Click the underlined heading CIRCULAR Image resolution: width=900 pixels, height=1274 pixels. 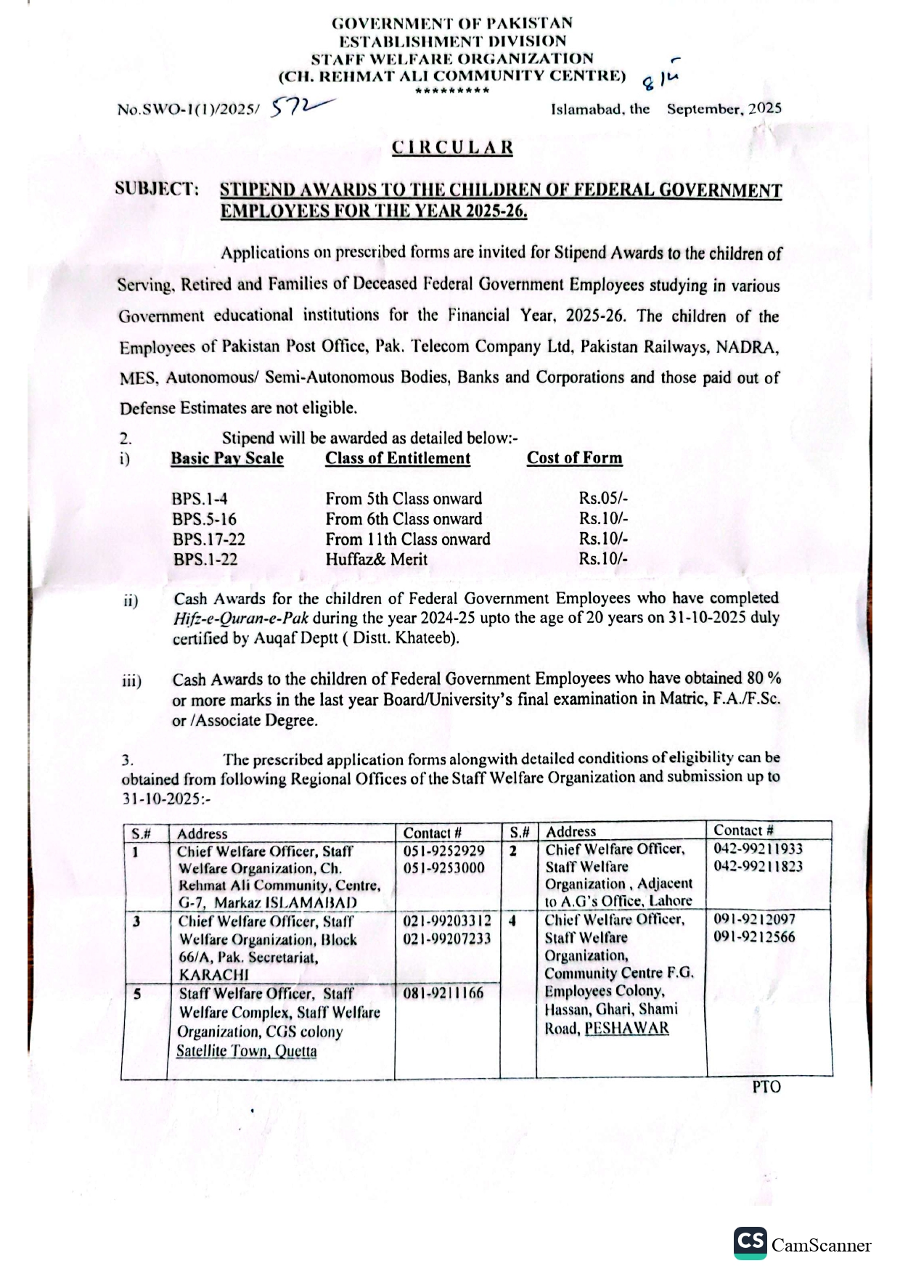[x=452, y=147]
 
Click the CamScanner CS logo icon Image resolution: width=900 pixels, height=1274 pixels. [x=750, y=1243]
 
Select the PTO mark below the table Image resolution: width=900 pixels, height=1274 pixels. [x=766, y=1087]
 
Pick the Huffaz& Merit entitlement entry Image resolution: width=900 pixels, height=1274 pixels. [x=376, y=560]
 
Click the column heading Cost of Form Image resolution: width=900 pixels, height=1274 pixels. [x=574, y=458]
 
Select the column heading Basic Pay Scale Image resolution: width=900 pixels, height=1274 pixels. [x=227, y=459]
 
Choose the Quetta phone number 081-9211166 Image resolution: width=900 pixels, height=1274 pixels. [x=443, y=992]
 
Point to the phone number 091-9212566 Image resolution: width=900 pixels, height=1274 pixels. [x=754, y=936]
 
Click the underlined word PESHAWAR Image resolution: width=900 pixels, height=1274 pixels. [x=626, y=1028]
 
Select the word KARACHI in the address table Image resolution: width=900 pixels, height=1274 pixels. [x=213, y=974]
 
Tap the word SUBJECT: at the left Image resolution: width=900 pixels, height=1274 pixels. [x=157, y=189]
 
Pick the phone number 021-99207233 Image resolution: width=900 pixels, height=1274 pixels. [x=446, y=939]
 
